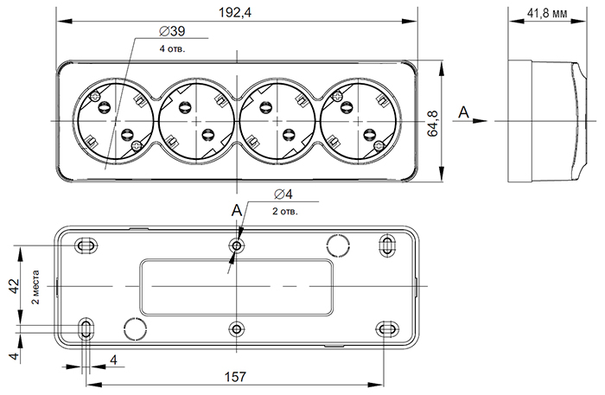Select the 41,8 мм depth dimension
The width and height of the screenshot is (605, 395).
point(546,14)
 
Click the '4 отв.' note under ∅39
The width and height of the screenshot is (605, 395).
point(172,48)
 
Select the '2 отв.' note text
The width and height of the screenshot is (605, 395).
point(285,211)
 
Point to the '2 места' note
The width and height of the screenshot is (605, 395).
point(35,287)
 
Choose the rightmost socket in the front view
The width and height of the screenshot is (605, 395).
point(358,121)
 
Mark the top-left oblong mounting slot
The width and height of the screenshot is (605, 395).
point(87,246)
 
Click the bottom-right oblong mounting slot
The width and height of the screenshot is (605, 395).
point(385,328)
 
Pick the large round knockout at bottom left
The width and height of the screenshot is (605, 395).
point(135,328)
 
